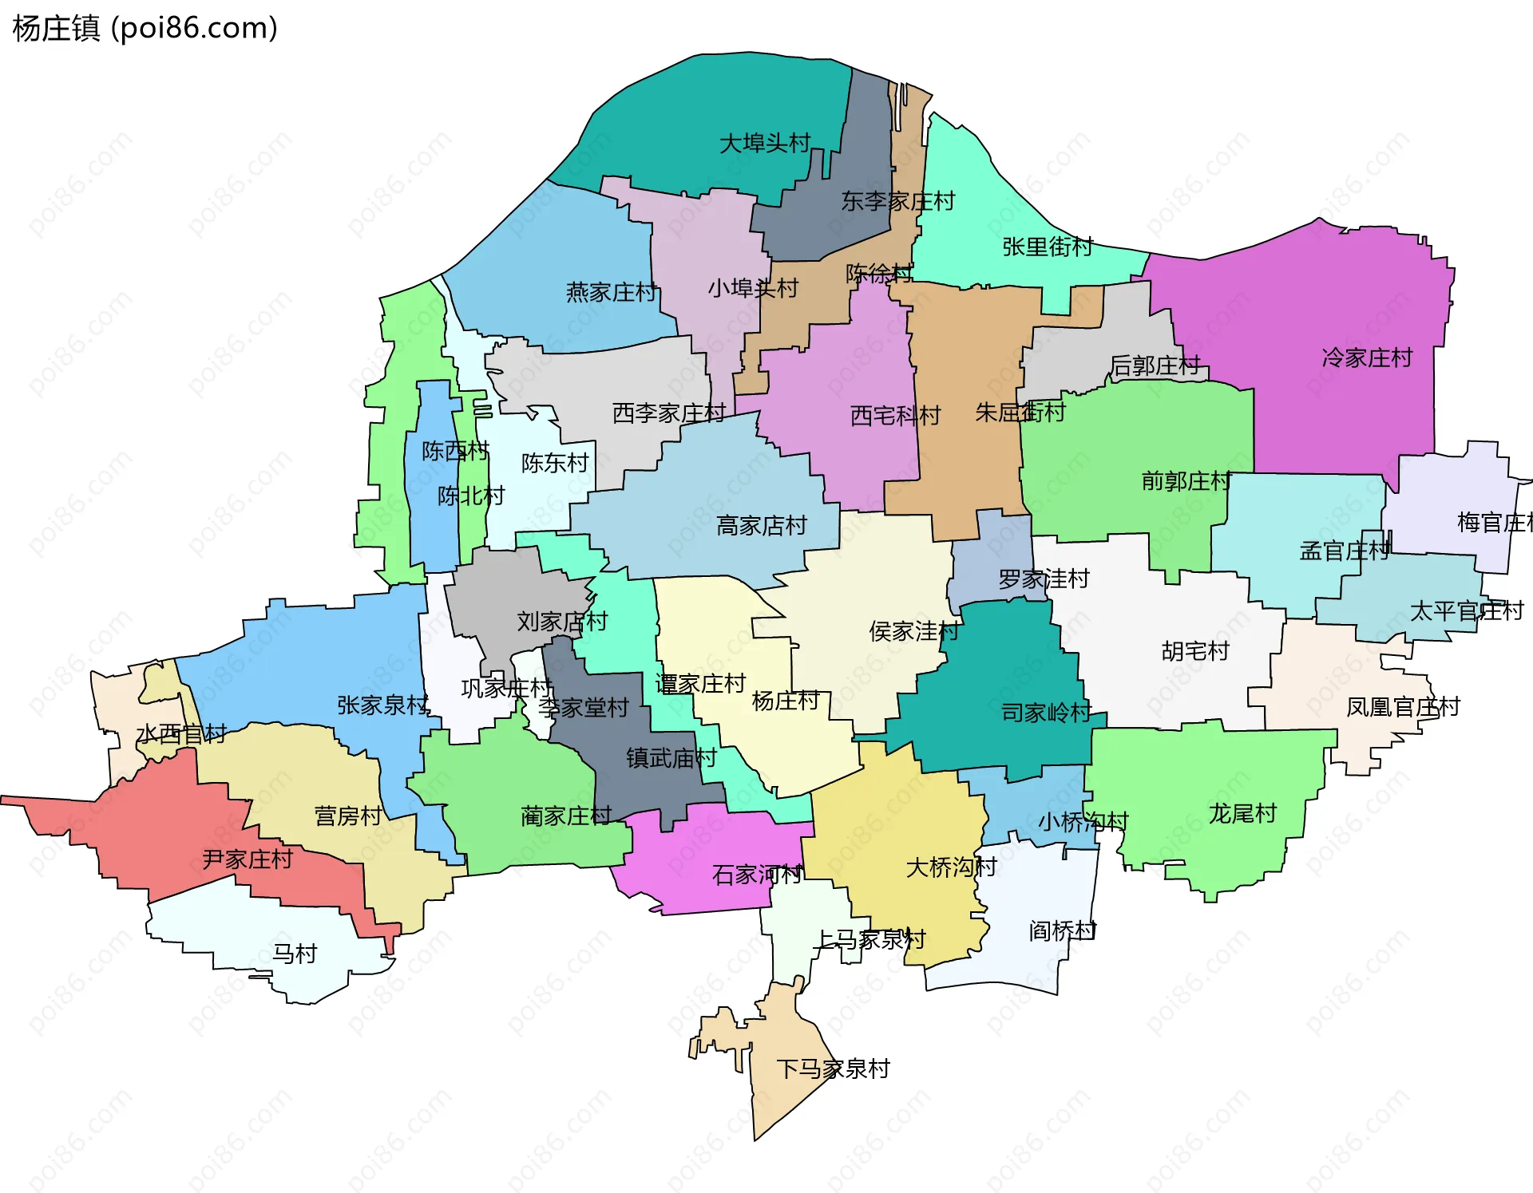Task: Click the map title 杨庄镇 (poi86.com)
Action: point(145,28)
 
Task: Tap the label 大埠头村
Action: point(764,144)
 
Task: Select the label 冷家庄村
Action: point(1366,358)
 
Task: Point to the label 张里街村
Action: point(1047,247)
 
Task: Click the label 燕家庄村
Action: point(611,292)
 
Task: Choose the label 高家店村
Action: point(761,526)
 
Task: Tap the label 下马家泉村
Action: point(833,1069)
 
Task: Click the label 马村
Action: point(295,954)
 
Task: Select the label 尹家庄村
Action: point(247,859)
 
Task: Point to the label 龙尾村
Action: point(1242,814)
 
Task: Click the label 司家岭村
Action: point(1045,713)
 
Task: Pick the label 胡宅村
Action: point(1194,651)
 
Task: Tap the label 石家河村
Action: point(756,875)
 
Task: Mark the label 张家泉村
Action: point(382,705)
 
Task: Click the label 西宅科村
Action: point(894,415)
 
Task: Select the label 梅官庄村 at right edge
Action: point(1493,523)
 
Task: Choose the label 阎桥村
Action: point(1061,930)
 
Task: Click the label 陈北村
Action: point(470,496)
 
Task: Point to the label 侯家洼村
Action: point(913,631)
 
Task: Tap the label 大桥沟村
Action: point(950,867)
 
